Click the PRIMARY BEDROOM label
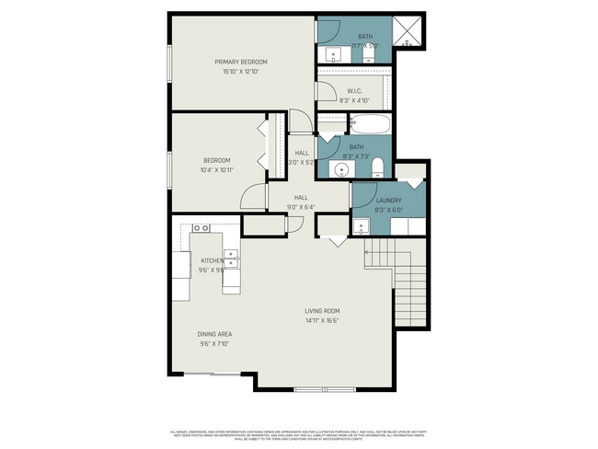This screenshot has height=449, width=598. [x=241, y=62]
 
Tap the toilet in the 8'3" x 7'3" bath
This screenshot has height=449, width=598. [x=380, y=167]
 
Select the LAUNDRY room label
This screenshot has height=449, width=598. [x=362, y=200]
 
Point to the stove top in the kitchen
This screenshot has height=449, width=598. [x=201, y=227]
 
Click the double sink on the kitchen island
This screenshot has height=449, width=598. [x=233, y=257]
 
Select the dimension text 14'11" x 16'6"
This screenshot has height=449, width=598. [x=323, y=321]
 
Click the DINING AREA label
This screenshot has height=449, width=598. [x=214, y=333]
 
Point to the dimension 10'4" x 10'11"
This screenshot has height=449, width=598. [x=217, y=170]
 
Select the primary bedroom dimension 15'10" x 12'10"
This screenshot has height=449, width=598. [x=241, y=72]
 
